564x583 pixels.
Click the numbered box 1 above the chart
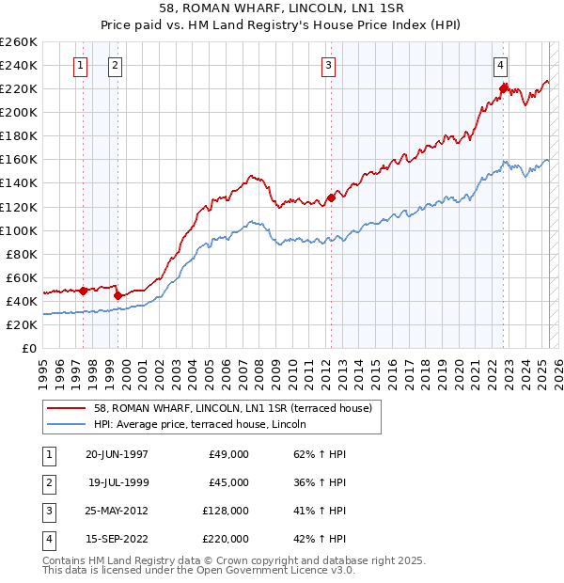point(80,66)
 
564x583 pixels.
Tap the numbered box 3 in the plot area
point(328,66)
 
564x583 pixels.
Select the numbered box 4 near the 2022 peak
point(500,66)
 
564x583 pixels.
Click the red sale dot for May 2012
point(331,197)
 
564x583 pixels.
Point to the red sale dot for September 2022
point(503,88)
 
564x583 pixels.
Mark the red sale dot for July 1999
point(117,295)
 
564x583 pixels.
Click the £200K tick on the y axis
point(19,112)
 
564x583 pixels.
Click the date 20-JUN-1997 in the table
point(117,454)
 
